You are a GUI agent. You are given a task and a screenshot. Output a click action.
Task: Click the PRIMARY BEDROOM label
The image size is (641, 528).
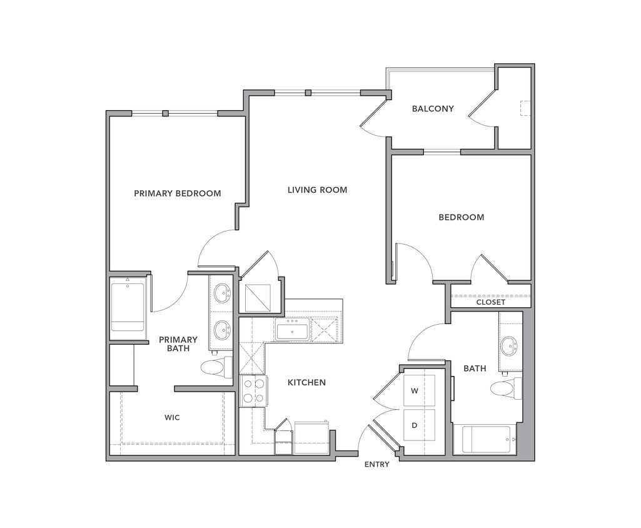[x=177, y=193]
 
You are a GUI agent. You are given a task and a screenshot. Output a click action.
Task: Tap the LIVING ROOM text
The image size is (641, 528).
[x=317, y=190]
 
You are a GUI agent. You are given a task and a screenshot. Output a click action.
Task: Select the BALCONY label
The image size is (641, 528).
[x=433, y=109]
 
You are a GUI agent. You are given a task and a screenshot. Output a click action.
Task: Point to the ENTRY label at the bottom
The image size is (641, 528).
[x=376, y=464]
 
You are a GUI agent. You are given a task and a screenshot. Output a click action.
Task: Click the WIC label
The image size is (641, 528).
[x=172, y=417]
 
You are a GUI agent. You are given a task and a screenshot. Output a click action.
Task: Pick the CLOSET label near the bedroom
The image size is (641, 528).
[x=490, y=302]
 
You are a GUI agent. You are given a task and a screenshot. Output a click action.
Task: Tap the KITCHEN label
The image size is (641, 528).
[x=306, y=382]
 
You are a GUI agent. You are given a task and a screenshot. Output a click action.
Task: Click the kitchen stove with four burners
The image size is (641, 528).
[x=253, y=391]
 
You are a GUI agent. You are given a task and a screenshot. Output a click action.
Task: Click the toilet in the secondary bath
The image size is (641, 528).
[x=506, y=388]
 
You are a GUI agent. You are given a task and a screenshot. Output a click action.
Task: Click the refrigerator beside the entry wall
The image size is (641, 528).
[x=311, y=437]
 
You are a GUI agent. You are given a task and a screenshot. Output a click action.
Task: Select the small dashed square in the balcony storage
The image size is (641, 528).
[x=525, y=108]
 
